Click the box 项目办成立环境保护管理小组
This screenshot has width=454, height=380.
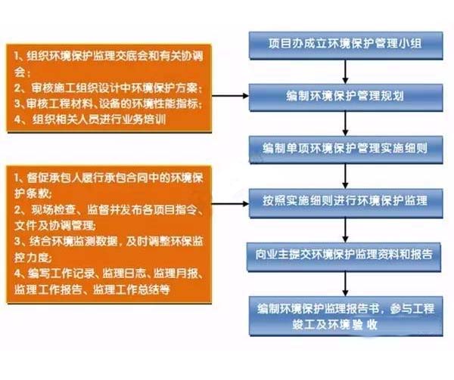pos(346,45)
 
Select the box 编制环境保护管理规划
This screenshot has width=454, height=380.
pos(346,97)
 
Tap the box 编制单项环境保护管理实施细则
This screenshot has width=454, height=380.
pos(346,150)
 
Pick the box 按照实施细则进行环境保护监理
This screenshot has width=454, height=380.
pos(346,203)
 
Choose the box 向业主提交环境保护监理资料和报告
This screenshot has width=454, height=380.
pos(344,257)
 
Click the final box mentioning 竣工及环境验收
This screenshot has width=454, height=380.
pos(346,316)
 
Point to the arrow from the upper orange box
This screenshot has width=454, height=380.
pos(230,96)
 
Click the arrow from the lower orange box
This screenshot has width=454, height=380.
pos(230,204)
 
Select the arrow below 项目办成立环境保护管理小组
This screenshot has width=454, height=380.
pos(345,72)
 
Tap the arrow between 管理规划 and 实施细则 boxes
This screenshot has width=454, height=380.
pos(345,124)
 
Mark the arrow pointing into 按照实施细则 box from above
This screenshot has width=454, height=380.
pos(345,176)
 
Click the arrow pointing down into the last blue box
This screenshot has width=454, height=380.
pos(345,284)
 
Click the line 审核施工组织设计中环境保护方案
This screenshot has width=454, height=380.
pos(108,88)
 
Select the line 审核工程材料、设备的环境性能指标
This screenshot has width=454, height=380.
pos(108,103)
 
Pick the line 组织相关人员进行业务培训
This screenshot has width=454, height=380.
pos(90,119)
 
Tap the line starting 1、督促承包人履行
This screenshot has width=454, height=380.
pos(108,178)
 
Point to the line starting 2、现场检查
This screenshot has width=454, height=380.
pos(108,210)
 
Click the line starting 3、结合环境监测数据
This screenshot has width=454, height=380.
pos(108,241)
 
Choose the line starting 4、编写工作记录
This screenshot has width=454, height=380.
pos(108,273)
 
